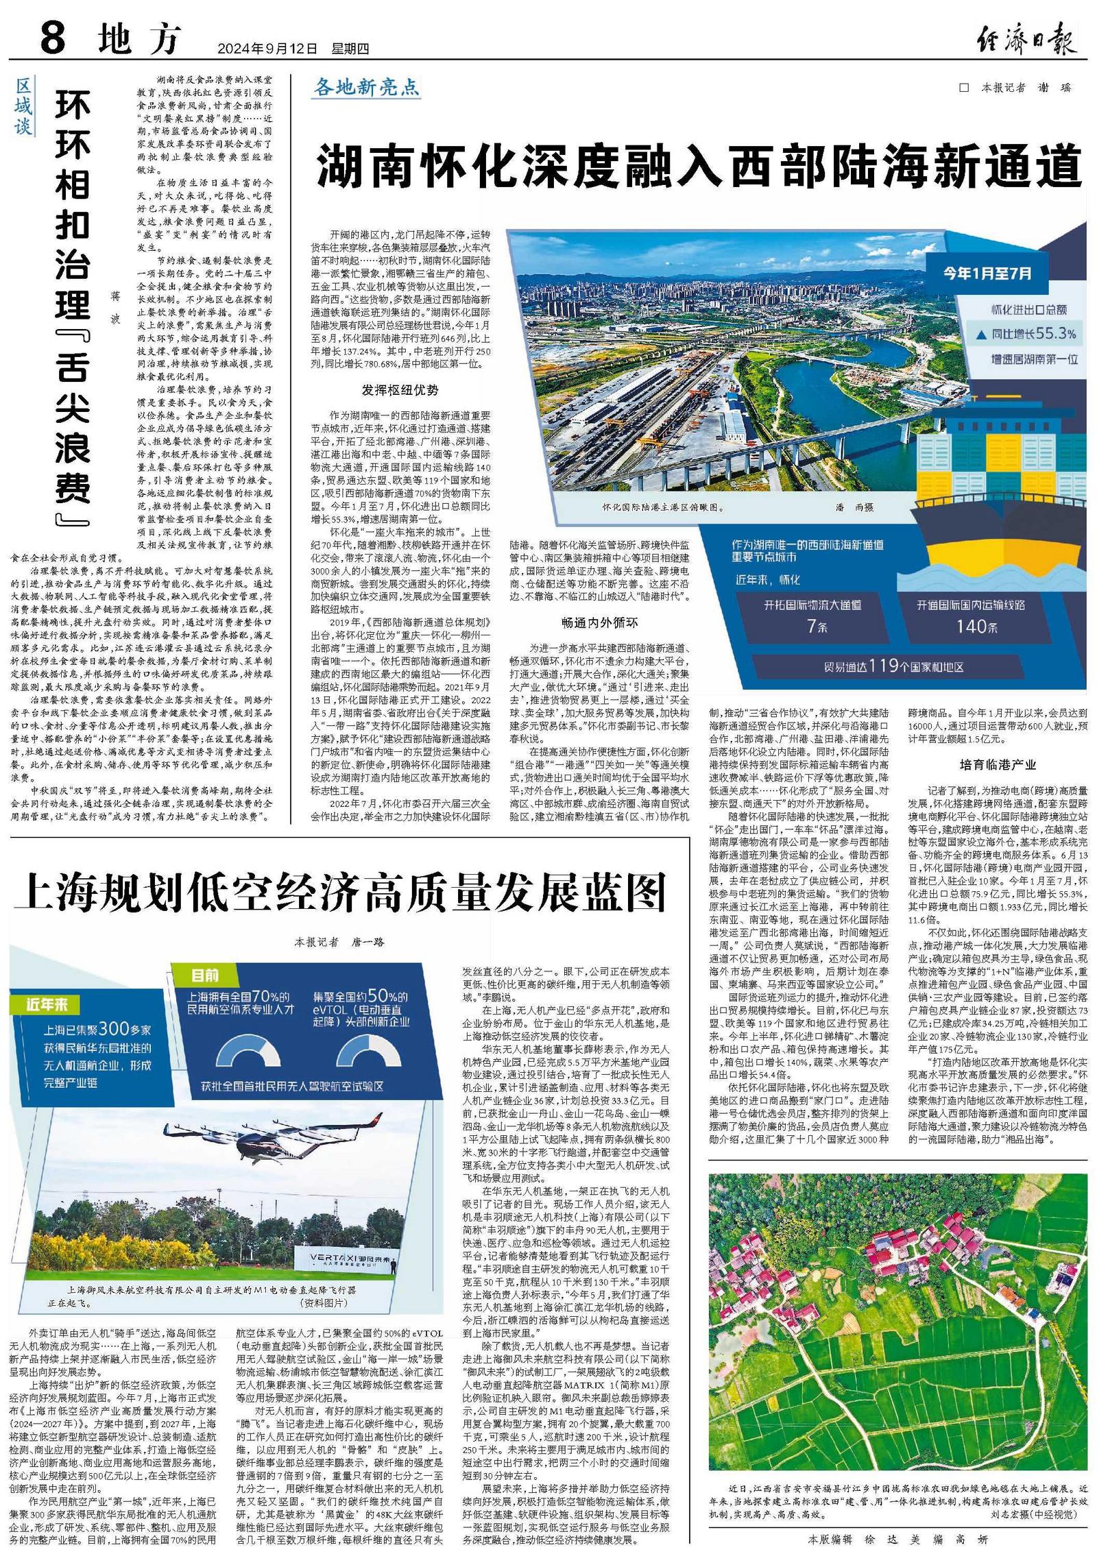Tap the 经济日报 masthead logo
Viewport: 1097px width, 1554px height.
click(1026, 39)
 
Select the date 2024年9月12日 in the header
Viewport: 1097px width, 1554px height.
click(267, 49)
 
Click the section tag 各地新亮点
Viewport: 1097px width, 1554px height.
click(366, 87)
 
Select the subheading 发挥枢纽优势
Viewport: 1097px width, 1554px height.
click(400, 390)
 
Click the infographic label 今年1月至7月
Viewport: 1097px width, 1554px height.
click(987, 273)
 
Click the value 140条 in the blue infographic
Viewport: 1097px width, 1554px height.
click(972, 627)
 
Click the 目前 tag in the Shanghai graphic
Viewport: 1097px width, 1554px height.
click(205, 975)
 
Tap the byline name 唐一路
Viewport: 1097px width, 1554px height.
click(368, 943)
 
